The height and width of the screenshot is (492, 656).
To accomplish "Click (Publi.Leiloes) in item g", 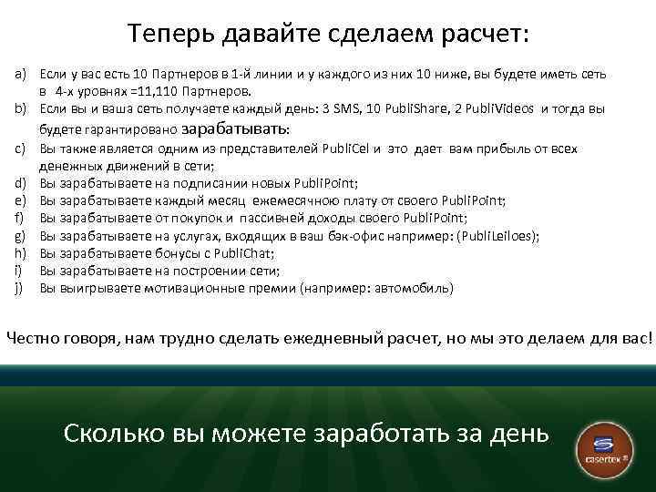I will (x=497, y=235).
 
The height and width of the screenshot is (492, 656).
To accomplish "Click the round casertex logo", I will (x=602, y=446).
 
